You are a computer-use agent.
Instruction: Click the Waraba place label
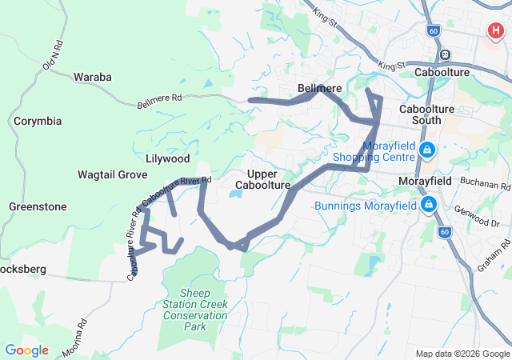click(x=93, y=77)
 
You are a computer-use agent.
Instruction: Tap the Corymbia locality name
click(x=37, y=122)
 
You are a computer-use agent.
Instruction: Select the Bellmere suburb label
click(x=320, y=87)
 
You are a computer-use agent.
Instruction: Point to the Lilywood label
click(x=168, y=159)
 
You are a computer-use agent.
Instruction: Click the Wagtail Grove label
click(x=113, y=174)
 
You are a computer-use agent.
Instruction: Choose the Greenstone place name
click(x=38, y=206)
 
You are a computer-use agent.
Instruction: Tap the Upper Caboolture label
click(x=262, y=179)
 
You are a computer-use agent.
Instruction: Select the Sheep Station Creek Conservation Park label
click(x=195, y=310)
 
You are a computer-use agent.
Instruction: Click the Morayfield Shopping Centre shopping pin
click(x=428, y=150)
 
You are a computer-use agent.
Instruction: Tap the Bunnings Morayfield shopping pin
click(x=429, y=205)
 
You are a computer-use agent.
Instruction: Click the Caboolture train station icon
click(x=446, y=56)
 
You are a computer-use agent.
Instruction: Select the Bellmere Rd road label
click(x=160, y=101)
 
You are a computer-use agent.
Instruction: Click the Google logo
click(x=26, y=350)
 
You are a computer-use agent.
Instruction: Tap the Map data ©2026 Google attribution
click(x=462, y=354)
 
